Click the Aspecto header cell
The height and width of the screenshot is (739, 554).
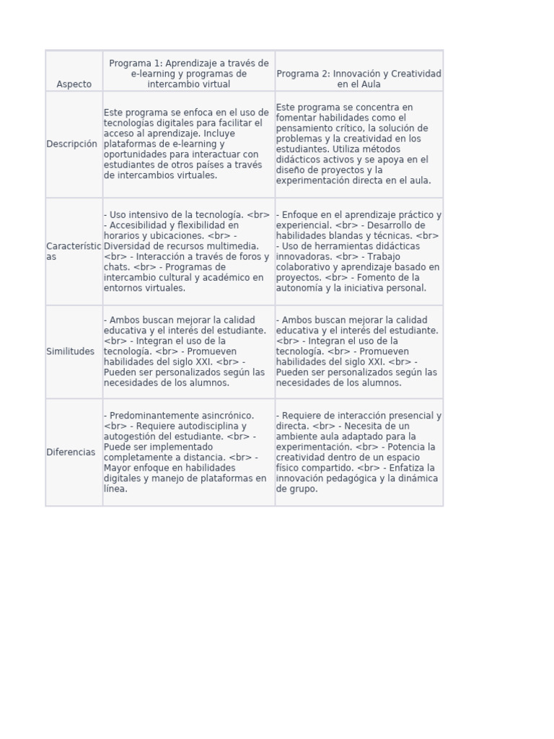[74, 84]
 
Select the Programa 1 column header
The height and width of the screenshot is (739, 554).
[188, 74]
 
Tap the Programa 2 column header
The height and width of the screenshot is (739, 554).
[359, 79]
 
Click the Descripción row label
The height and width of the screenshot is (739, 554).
[71, 144]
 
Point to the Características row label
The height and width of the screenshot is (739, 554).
[74, 251]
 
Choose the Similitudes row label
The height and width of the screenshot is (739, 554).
[70, 351]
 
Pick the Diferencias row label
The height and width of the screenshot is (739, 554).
[71, 452]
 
